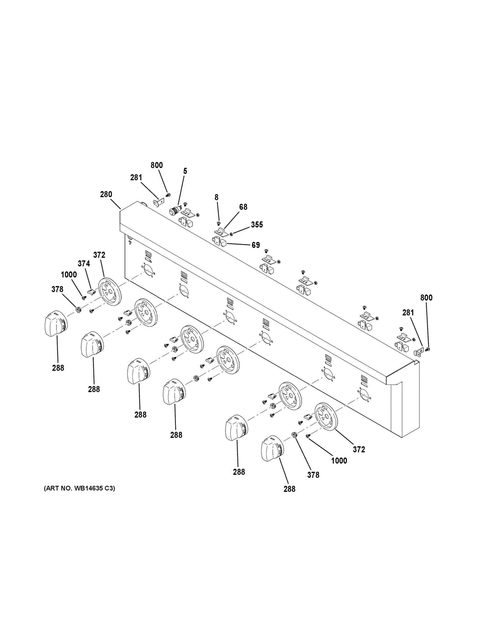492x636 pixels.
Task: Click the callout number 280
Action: (106, 195)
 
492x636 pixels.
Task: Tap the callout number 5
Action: (185, 171)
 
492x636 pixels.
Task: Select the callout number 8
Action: (216, 197)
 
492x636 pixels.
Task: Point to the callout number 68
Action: (243, 207)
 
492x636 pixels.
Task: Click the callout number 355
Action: (257, 224)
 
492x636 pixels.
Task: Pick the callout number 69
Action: (256, 245)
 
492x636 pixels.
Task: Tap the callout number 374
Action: (84, 264)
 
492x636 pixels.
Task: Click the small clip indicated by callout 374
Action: (92, 291)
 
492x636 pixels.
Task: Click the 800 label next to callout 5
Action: (156, 165)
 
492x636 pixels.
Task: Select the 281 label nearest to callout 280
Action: (136, 177)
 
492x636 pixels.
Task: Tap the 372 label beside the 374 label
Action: (99, 255)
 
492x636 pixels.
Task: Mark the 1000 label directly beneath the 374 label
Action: (69, 275)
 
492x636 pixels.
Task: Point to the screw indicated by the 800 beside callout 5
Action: (168, 195)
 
